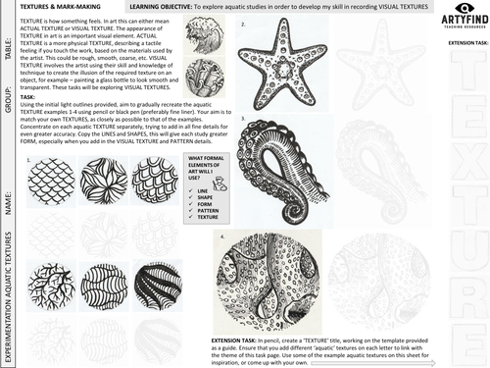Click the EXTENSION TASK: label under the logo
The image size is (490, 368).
pos(463,44)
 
